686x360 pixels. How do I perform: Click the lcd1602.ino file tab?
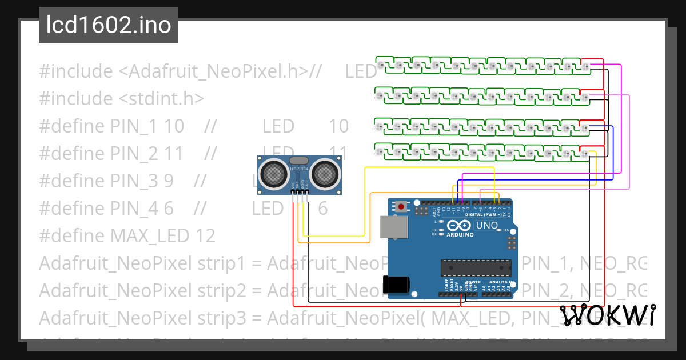click(x=108, y=25)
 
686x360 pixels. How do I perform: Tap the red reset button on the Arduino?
click(x=402, y=206)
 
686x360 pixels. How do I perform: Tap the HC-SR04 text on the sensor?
click(x=298, y=169)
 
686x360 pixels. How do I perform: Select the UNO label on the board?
click(x=486, y=226)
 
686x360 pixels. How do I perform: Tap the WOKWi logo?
click(x=608, y=315)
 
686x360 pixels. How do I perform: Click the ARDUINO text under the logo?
click(x=461, y=234)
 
